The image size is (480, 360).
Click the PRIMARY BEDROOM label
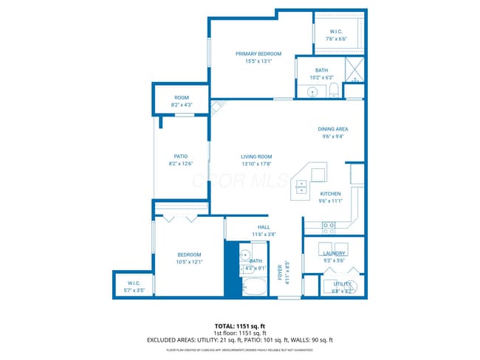pos(258,54)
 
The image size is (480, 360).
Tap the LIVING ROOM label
pos(256,156)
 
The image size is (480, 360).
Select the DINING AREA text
pos(333,128)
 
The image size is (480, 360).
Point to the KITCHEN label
pos(330,193)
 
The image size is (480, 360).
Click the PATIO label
pos(180,156)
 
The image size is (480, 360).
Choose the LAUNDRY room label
pos(334,253)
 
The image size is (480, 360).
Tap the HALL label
pos(264,226)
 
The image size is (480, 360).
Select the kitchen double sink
pos(301,187)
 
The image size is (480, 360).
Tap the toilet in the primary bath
pos(333,91)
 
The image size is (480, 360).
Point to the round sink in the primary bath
pos(312,93)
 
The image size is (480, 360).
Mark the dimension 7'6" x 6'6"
pos(337,38)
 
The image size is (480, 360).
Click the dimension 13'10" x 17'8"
pos(256,164)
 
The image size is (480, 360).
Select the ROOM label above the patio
pos(181,97)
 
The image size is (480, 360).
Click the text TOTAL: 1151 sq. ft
pos(240,325)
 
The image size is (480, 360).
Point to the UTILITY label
pos(342,283)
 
